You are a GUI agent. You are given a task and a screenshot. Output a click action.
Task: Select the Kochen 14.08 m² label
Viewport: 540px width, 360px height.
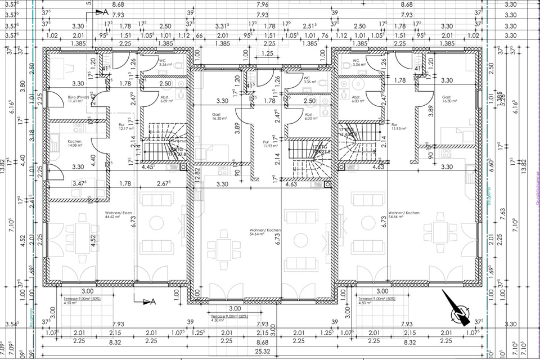[x=75, y=143]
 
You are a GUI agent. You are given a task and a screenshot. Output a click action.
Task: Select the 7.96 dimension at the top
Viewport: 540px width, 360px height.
[x=262, y=5]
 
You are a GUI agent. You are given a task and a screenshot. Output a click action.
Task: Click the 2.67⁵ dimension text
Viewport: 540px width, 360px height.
[x=163, y=183]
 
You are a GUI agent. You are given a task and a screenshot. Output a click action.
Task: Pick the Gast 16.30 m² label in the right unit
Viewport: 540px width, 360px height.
[x=447, y=99]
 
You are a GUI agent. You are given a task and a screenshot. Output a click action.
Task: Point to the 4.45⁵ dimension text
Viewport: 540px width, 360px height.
[x=148, y=166]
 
